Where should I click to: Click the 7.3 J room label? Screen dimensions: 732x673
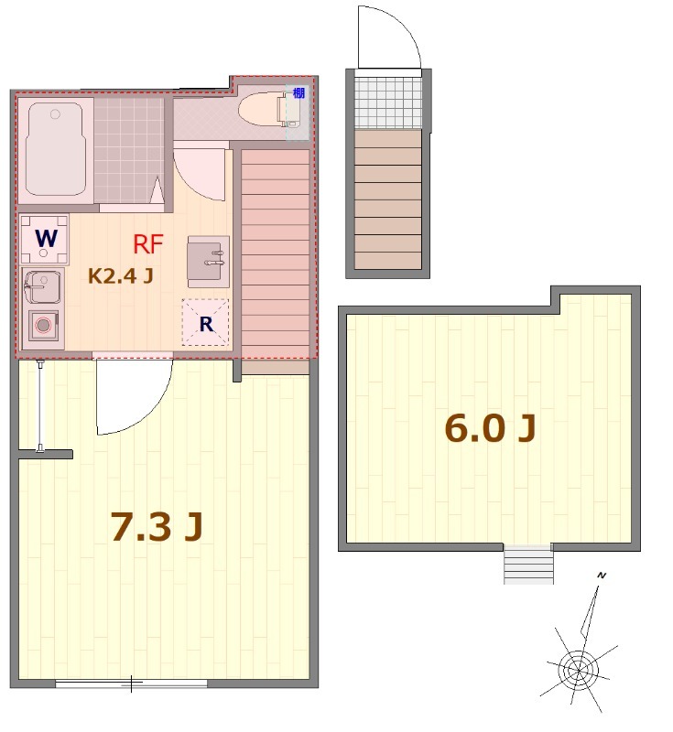(x=156, y=527)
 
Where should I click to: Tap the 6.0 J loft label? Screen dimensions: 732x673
(x=489, y=428)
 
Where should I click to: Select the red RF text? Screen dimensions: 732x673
(x=148, y=244)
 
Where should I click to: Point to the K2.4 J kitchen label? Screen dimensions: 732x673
(x=119, y=274)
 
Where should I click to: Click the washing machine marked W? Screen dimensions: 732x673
(x=45, y=239)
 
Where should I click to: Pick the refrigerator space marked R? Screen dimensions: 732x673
(x=206, y=323)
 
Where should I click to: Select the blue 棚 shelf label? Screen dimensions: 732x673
(x=299, y=93)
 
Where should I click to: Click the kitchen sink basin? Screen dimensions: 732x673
(x=40, y=286)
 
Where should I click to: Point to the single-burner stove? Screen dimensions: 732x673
(x=43, y=325)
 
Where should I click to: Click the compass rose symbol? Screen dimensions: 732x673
(x=577, y=671)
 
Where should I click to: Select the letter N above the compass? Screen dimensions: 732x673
(x=602, y=575)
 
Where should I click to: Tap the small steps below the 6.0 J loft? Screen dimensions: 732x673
(x=529, y=564)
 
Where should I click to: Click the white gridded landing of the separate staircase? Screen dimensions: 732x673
(x=388, y=102)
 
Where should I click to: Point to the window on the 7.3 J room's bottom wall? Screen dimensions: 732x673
(x=131, y=683)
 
